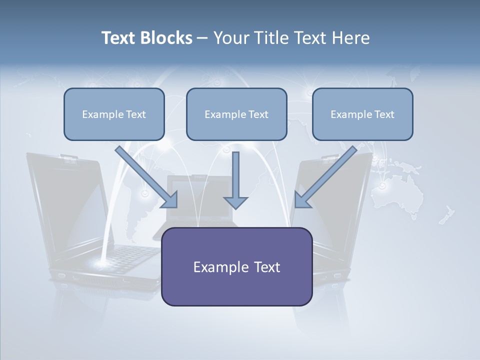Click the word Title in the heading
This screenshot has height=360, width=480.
point(272,38)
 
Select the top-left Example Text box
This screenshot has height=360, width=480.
point(114,114)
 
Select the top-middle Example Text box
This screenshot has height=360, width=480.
point(236,114)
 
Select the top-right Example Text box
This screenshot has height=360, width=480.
point(362,114)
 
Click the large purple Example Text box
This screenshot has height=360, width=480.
point(236,266)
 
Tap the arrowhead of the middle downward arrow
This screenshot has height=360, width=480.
point(235,202)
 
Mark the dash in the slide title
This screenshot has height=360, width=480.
point(202,38)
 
